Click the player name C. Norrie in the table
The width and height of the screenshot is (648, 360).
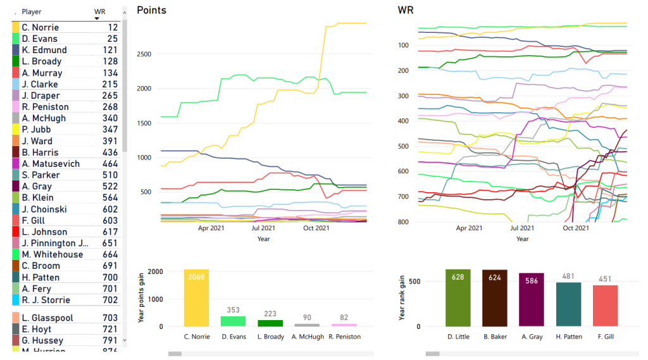[40, 27]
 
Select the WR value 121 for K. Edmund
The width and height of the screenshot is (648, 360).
[111, 50]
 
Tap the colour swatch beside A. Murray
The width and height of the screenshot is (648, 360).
[16, 73]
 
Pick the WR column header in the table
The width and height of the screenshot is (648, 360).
[99, 11]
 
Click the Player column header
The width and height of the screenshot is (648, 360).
[31, 11]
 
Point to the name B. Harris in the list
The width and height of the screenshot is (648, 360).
[40, 152]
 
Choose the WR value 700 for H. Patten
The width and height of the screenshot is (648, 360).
[111, 277]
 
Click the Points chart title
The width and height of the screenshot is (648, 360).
[151, 10]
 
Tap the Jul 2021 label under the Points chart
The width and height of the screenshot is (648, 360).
[263, 228]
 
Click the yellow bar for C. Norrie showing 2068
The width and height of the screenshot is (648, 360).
[196, 298]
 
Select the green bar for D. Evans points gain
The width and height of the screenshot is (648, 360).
[233, 321]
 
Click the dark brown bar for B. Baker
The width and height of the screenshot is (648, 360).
[494, 298]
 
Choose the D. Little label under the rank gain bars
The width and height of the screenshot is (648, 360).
[458, 337]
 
